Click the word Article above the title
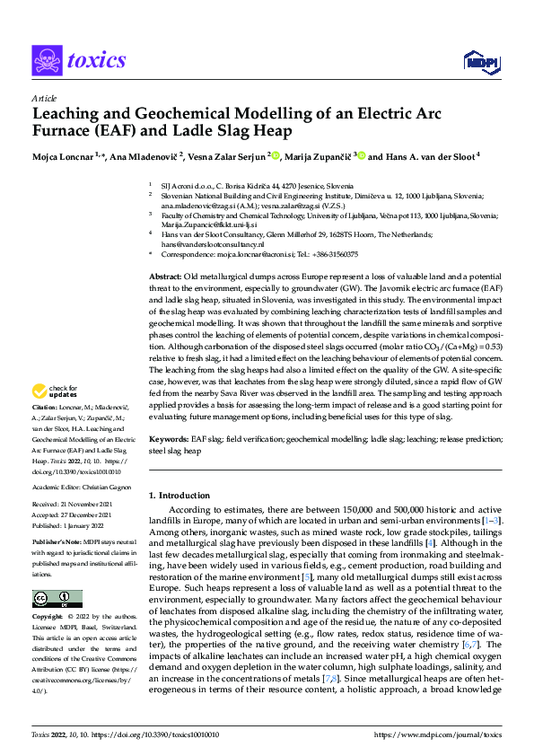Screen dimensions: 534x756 [x=43, y=99]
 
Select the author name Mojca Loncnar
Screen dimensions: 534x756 [x=64, y=155]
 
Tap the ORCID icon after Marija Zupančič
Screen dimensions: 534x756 [x=362, y=155]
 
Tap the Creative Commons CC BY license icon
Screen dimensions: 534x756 [x=57, y=599]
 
